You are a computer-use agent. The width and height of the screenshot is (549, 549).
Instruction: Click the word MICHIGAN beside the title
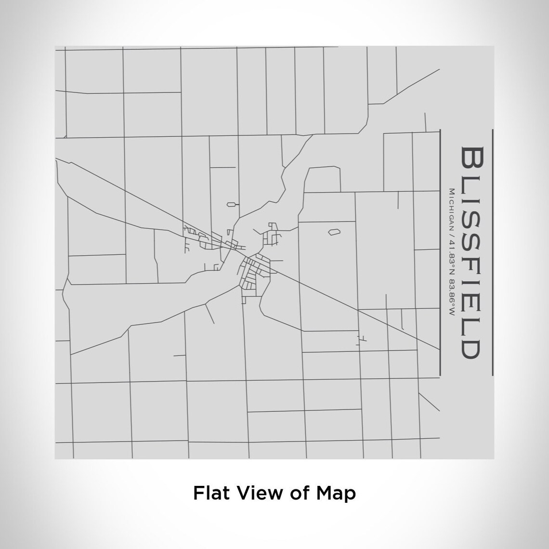pyautogui.click(x=452, y=209)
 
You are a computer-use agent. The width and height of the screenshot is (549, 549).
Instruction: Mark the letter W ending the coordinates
pyautogui.click(x=452, y=313)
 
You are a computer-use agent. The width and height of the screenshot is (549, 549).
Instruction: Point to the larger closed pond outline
pyautogui.click(x=334, y=232)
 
